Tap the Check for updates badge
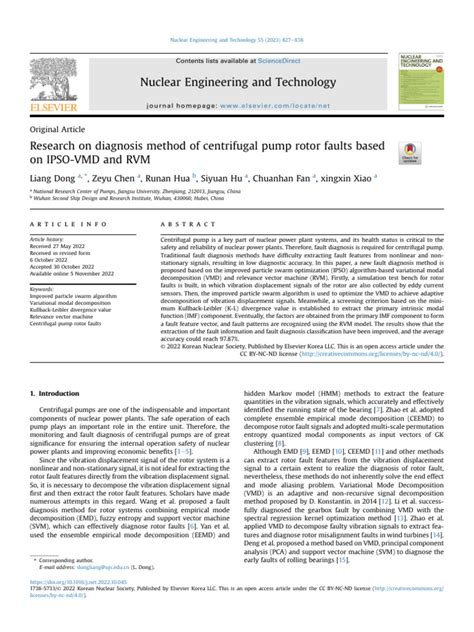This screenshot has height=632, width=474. [439, 154]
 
